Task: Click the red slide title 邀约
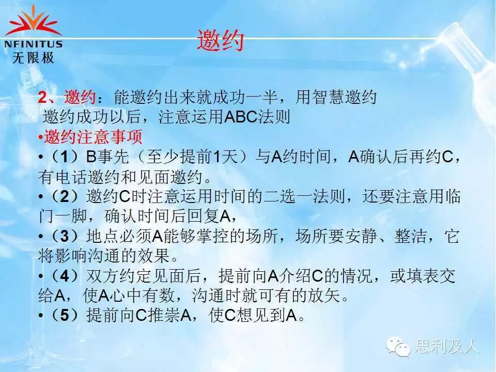tap(221, 40)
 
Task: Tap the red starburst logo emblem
tap(33, 22)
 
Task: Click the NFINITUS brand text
tap(33, 44)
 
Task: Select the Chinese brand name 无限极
tap(33, 57)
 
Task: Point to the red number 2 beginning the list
tap(42, 97)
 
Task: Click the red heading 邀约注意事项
tap(93, 137)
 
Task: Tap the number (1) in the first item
tap(64, 157)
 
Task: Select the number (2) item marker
tap(64, 196)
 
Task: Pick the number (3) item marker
tap(64, 236)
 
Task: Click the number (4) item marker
tap(64, 276)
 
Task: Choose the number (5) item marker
tap(64, 315)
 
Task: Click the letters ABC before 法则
tap(241, 117)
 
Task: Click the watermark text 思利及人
tap(446, 346)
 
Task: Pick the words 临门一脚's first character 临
tap(453, 196)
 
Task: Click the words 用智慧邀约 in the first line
tap(336, 97)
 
